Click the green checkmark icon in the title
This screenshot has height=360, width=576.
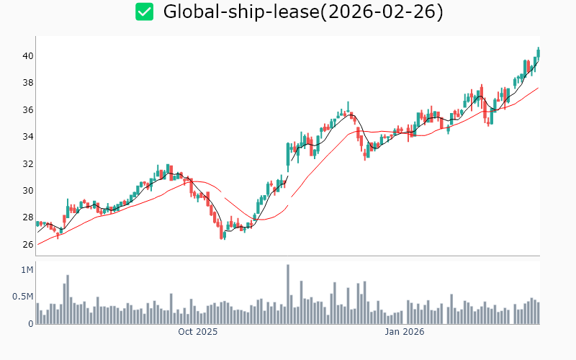pyautogui.click(x=145, y=12)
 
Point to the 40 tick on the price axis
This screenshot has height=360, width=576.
pyautogui.click(x=27, y=56)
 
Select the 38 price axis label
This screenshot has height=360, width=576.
pyautogui.click(x=27, y=83)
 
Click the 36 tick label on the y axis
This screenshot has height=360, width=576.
pyautogui.click(x=27, y=110)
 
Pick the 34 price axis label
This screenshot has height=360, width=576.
pyautogui.click(x=27, y=137)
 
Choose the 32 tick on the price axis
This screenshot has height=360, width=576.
pyautogui.click(x=27, y=164)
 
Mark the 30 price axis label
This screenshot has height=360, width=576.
pyautogui.click(x=27, y=191)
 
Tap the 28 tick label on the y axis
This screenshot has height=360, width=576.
pyautogui.click(x=27, y=217)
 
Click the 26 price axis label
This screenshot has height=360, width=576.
pyautogui.click(x=27, y=245)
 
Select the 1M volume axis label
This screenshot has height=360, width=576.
pyautogui.click(x=27, y=270)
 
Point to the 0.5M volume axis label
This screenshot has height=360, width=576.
pyautogui.click(x=22, y=297)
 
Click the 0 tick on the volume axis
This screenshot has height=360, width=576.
pyautogui.click(x=31, y=324)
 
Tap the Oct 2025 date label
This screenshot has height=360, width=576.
pyautogui.click(x=197, y=333)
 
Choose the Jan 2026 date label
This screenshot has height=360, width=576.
pyautogui.click(x=404, y=333)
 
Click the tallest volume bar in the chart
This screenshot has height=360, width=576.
pyautogui.click(x=287, y=294)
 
